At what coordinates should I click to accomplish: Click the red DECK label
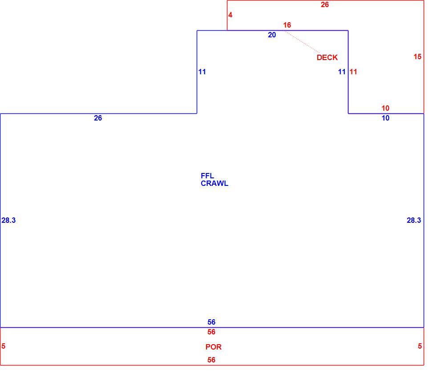(327, 57)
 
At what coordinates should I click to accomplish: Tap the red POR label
(214, 347)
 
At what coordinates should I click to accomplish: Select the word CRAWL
(214, 184)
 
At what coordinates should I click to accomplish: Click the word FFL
(207, 176)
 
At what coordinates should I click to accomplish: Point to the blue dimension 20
(272, 35)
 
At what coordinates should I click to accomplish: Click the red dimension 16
(287, 25)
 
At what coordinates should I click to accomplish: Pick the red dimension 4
(230, 15)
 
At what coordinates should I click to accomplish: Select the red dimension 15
(417, 57)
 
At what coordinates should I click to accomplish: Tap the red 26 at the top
(325, 4)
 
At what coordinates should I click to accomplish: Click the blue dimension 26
(98, 118)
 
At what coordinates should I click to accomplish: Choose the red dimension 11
(353, 72)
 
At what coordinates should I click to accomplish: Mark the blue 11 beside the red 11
(342, 72)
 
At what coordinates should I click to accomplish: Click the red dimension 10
(385, 108)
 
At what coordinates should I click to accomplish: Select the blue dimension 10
(385, 118)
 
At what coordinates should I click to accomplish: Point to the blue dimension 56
(211, 322)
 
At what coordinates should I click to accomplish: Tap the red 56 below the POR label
(211, 360)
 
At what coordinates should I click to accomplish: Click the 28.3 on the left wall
(8, 220)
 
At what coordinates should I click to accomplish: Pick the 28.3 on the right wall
(414, 220)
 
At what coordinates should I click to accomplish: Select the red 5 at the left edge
(4, 346)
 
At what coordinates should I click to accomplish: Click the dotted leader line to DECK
(301, 41)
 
